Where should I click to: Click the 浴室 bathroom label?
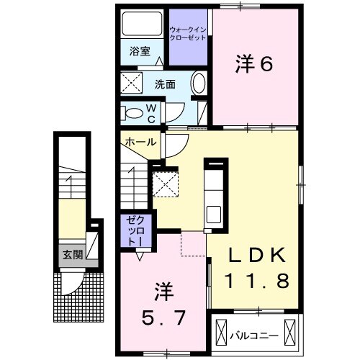coord(140,51)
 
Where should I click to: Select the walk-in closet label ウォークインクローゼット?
coord(188,33)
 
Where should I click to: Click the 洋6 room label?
coord(253,65)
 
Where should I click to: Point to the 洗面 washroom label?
coord(165,84)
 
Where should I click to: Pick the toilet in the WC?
coord(133,112)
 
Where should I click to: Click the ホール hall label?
coord(138,142)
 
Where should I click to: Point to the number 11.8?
coord(258,279)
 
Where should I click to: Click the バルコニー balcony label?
coord(253,334)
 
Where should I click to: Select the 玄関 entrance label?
coord(71,254)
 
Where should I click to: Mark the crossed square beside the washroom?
coord(132,84)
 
